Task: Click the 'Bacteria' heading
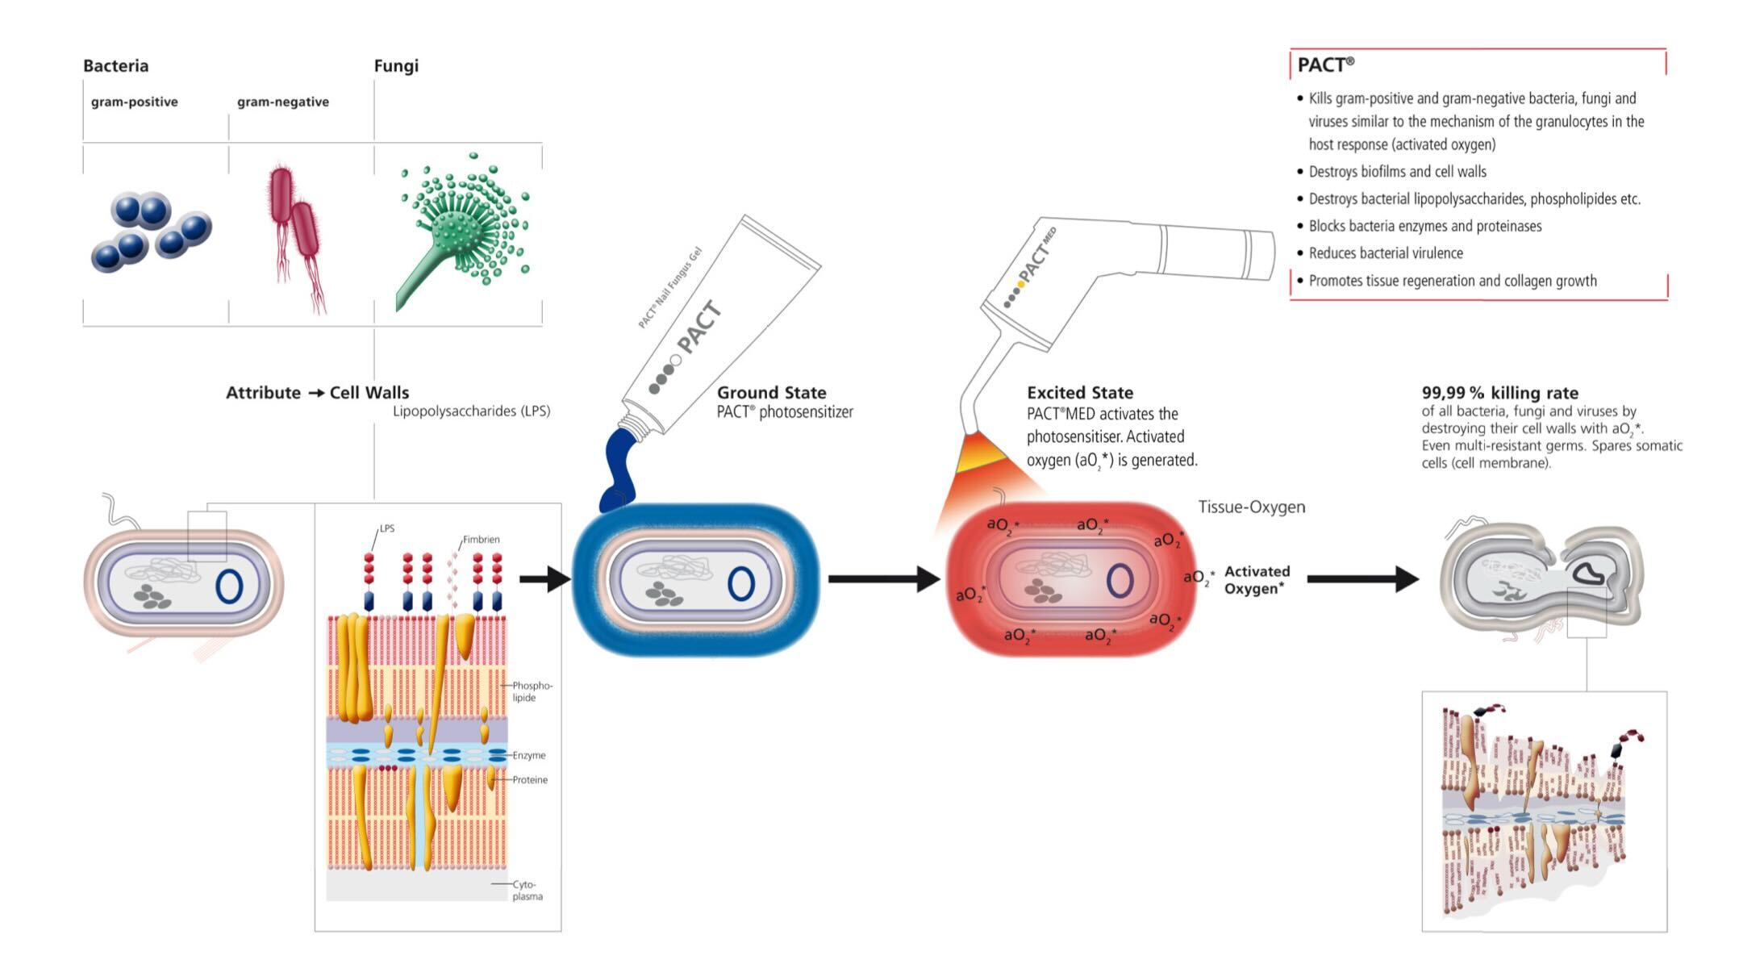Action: (x=115, y=65)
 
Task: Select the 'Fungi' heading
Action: (x=396, y=65)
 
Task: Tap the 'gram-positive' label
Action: (x=134, y=102)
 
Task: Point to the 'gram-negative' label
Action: (x=282, y=102)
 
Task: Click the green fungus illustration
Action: (x=463, y=227)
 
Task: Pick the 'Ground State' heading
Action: (x=771, y=393)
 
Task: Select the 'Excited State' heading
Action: (x=1079, y=393)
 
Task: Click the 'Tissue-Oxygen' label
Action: (x=1251, y=507)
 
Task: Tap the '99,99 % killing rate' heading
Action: (x=1499, y=393)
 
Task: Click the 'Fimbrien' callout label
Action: (x=481, y=540)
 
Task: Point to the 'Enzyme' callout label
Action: (x=529, y=755)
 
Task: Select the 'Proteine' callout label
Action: (x=530, y=780)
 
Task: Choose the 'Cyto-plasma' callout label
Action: (x=528, y=891)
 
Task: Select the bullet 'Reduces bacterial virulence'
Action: (x=1385, y=253)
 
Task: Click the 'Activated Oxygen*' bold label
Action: (x=1256, y=580)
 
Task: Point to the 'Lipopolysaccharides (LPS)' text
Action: (x=471, y=411)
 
